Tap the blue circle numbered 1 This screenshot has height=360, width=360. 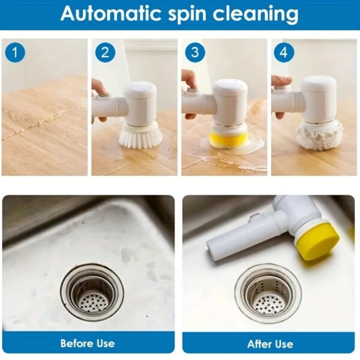click(16, 53)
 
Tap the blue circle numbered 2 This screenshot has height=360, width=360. click(105, 53)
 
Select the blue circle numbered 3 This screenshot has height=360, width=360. click(194, 53)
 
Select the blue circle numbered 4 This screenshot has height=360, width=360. click(283, 53)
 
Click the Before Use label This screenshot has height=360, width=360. click(88, 343)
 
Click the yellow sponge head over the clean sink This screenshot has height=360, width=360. click(319, 240)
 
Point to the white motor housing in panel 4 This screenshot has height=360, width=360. click(318, 96)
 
